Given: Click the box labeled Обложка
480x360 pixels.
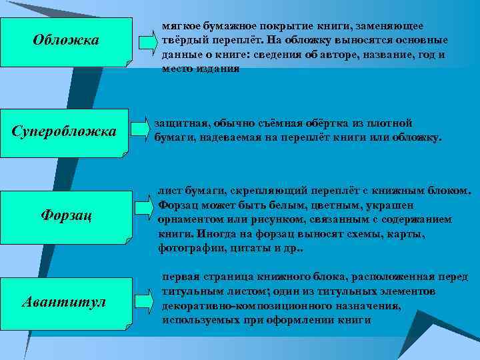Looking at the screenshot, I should point(65,41).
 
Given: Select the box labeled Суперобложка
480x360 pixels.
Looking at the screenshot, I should point(64,131).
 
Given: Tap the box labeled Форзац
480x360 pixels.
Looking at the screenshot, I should point(65,215).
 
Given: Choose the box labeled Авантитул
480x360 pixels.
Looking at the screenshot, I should point(64,302).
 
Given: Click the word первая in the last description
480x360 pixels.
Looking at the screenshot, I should point(181,276).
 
